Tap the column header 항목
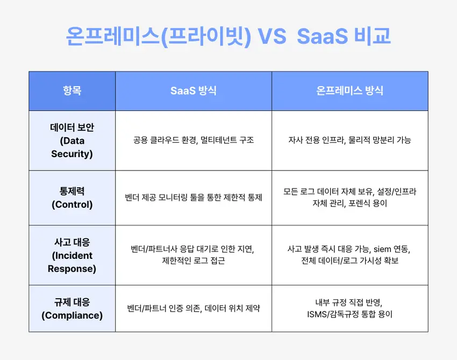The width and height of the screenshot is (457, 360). tap(72, 90)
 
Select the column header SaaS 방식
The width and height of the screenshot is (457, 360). tap(194, 90)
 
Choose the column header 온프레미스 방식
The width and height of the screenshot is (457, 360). tap(350, 90)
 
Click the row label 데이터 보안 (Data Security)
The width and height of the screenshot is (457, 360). tap(72, 140)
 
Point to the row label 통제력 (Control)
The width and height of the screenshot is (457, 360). tap(72, 197)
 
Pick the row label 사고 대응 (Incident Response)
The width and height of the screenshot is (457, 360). tap(72, 255)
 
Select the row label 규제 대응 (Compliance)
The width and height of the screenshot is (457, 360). tap(72, 308)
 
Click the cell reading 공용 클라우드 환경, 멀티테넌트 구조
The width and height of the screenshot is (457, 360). tap(194, 140)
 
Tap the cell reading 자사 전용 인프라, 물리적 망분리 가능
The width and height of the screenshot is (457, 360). tap(350, 140)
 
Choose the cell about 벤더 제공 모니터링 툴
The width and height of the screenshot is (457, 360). tap(194, 197)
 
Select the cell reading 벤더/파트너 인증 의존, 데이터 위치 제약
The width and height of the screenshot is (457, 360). tap(194, 308)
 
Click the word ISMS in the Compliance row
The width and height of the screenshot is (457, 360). tap(311, 314)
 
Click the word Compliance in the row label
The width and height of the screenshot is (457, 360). tap(72, 315)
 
